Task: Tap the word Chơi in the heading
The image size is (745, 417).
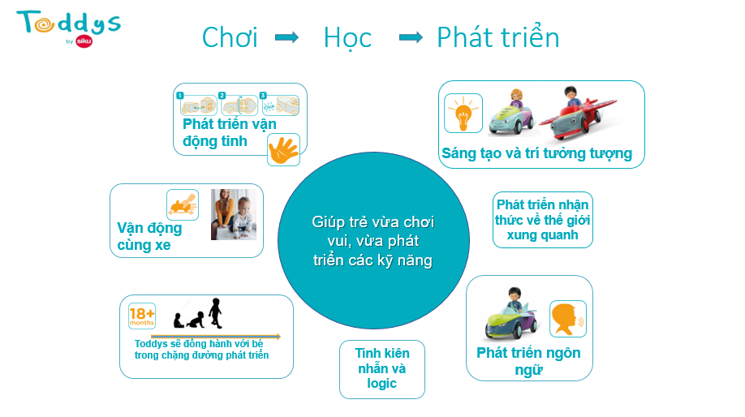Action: click(230, 37)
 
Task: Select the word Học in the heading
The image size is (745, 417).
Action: click(347, 38)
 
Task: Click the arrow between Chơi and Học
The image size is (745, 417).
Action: click(287, 37)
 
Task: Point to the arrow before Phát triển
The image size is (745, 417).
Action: click(411, 37)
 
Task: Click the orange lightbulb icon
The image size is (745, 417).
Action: click(463, 113)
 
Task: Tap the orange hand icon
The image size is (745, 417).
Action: click(284, 149)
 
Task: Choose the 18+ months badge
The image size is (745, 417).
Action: click(142, 316)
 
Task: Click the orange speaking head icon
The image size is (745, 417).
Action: click(568, 319)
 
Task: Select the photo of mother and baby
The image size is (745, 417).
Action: click(234, 214)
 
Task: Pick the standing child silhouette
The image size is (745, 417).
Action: click(216, 313)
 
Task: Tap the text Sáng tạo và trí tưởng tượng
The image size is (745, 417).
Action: click(537, 153)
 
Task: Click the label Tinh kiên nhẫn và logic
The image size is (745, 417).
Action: click(382, 368)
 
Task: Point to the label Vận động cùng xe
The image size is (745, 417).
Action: click(149, 236)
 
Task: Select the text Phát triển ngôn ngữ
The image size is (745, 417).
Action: click(529, 361)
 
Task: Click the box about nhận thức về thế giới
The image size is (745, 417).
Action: click(543, 220)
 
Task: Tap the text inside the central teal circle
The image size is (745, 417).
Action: click(373, 241)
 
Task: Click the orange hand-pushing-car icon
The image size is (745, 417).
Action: click(183, 204)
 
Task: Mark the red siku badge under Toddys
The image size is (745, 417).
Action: click(84, 41)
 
